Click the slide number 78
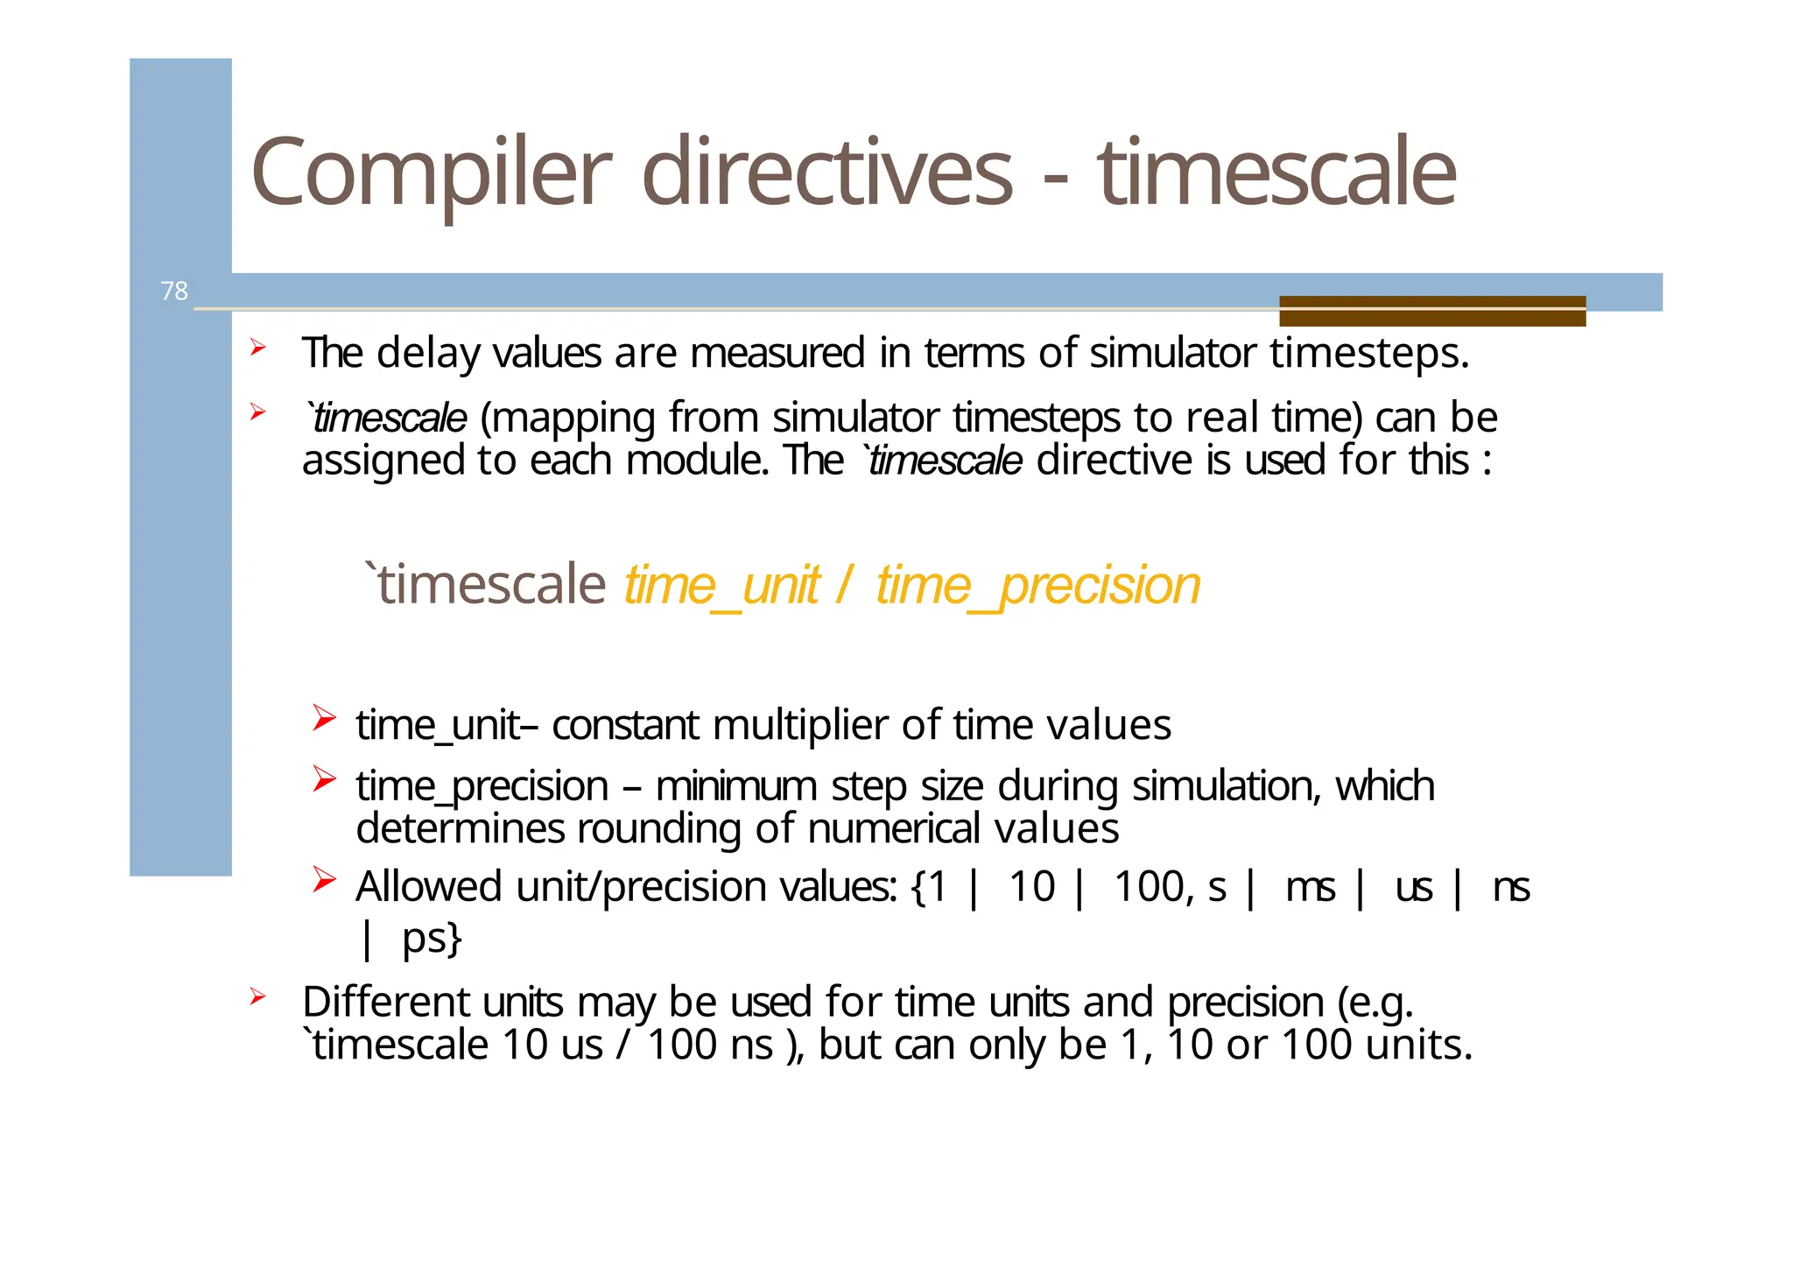174,291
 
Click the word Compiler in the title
431,173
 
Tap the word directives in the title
827,173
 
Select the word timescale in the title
1277,173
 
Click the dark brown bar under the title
1431,311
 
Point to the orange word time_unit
721,585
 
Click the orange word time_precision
1037,585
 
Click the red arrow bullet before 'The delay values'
257,348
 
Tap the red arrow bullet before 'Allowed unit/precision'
324,880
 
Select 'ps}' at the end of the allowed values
432,938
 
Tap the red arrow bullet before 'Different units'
257,996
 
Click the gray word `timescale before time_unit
486,585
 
